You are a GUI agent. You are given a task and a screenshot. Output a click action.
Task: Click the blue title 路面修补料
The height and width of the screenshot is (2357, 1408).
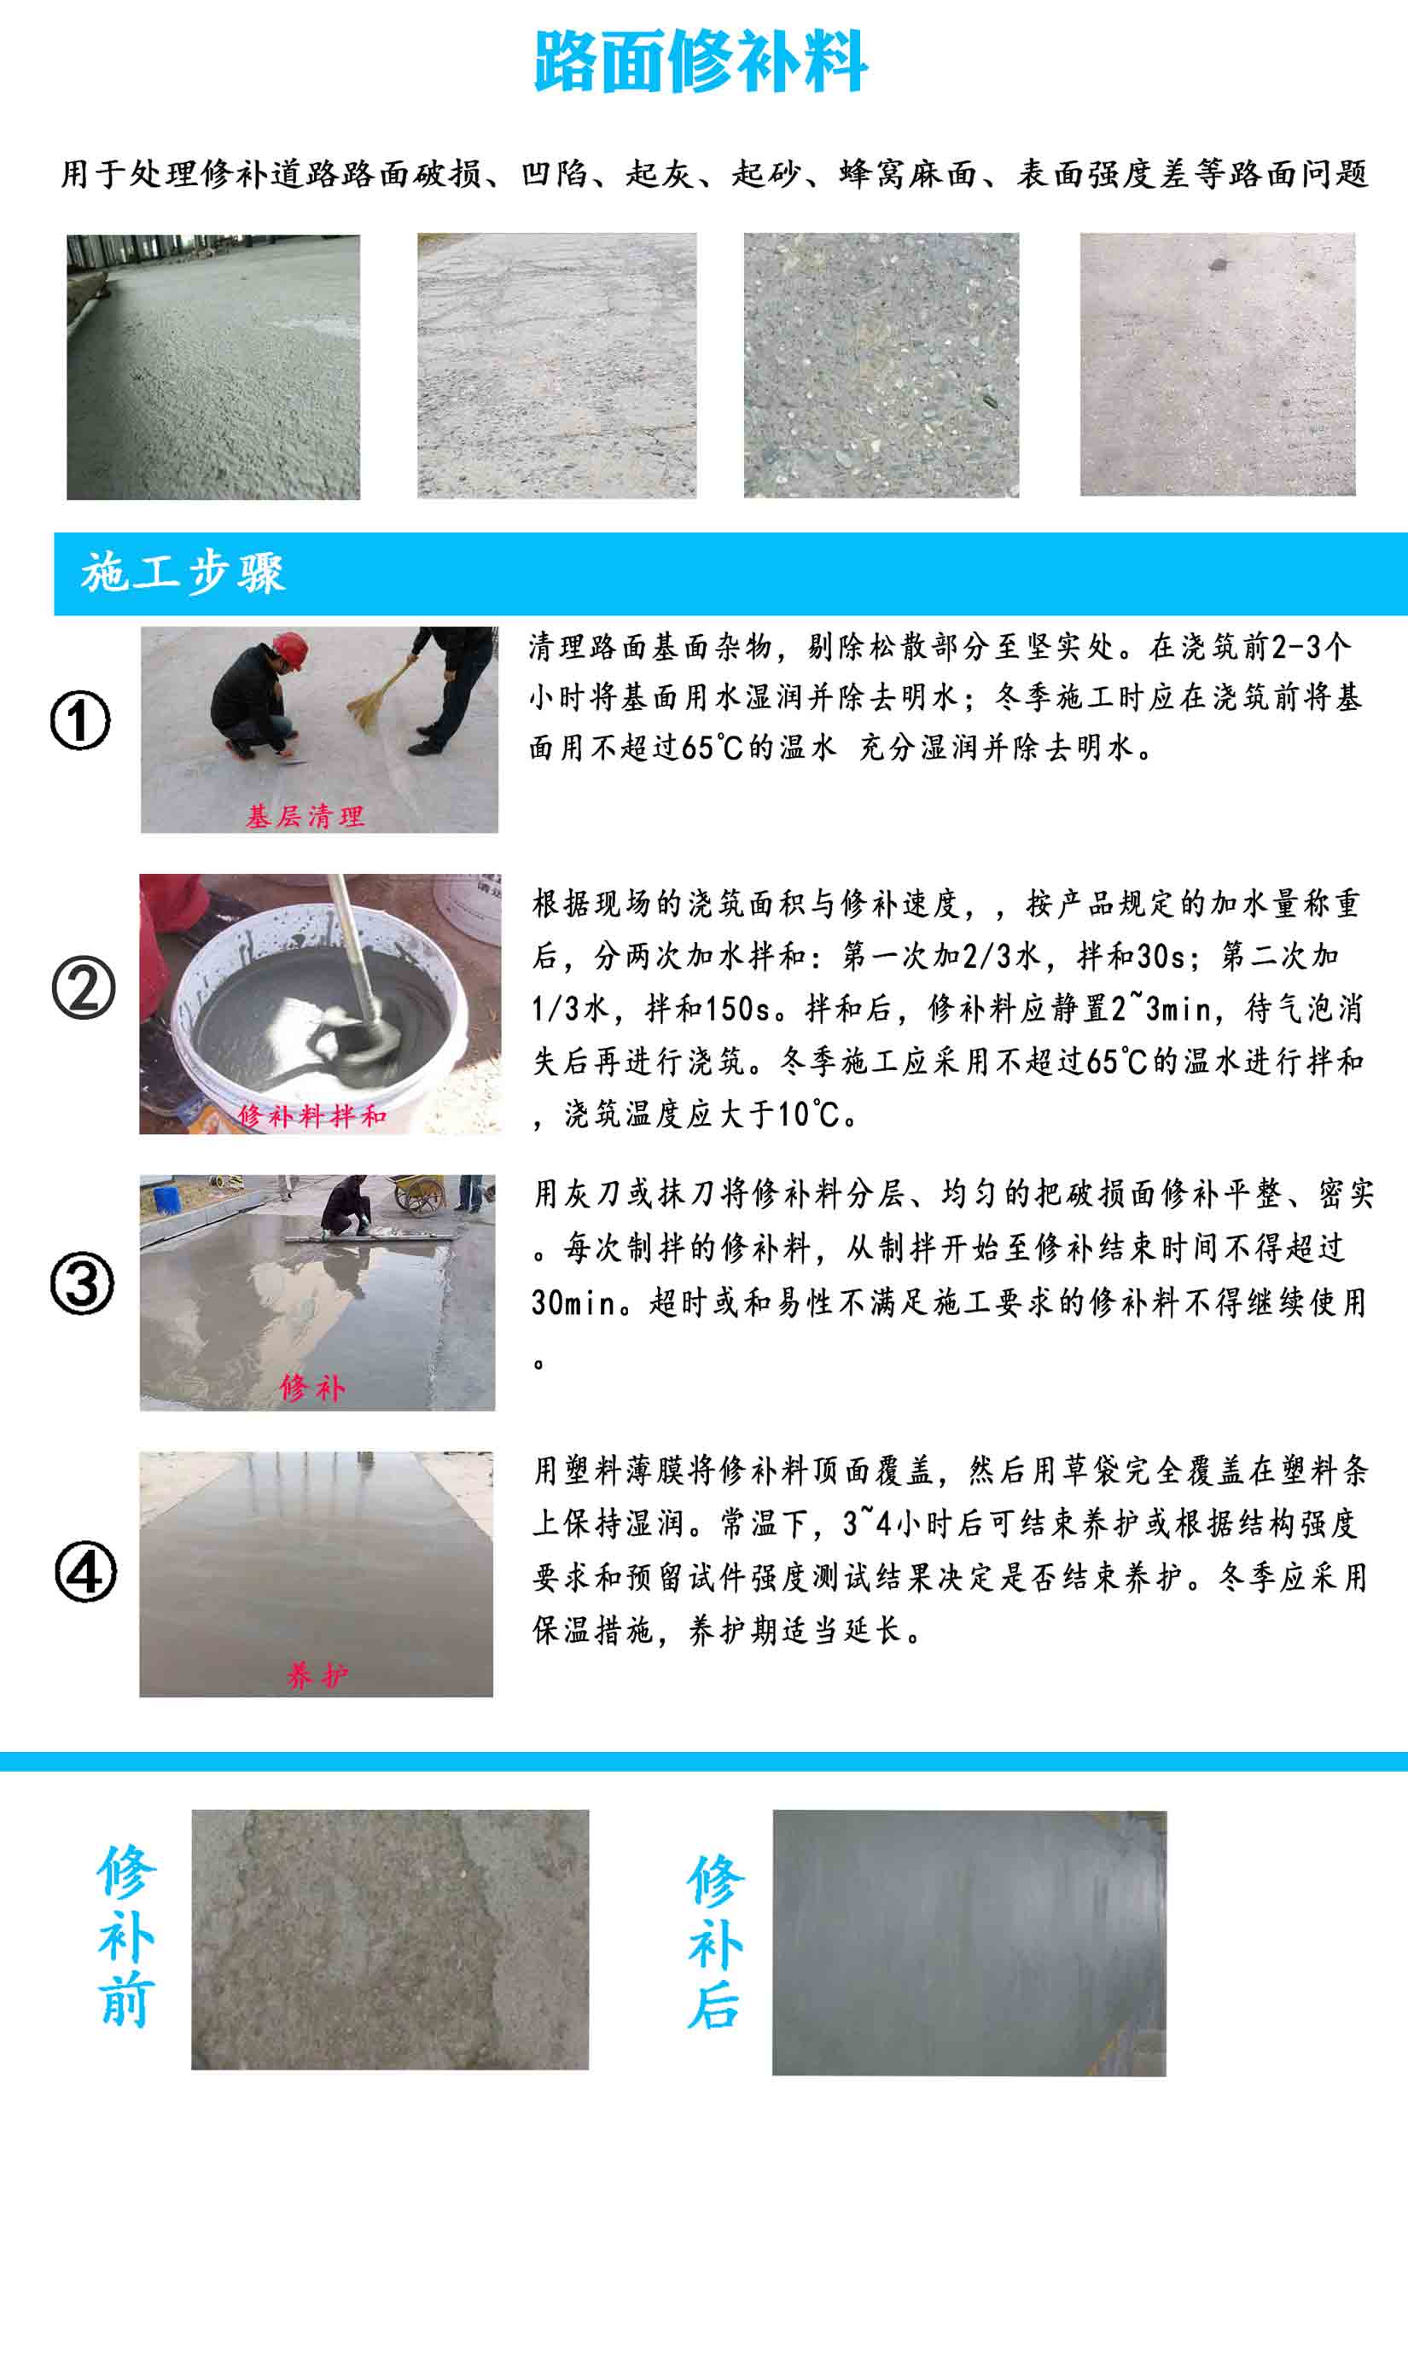[x=701, y=61]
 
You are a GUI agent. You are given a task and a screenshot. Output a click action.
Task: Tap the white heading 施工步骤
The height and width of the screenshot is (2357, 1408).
[x=183, y=573]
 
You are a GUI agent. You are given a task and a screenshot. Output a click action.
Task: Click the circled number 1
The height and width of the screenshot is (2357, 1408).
[x=81, y=720]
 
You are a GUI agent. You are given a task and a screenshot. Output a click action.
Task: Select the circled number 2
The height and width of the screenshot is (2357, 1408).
[x=84, y=988]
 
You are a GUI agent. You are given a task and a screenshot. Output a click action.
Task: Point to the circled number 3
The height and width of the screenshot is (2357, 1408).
[x=83, y=1283]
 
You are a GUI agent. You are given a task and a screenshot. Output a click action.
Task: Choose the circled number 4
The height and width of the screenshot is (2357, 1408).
[x=85, y=1570]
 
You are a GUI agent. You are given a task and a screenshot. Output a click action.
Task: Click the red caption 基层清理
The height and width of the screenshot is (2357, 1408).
[x=305, y=816]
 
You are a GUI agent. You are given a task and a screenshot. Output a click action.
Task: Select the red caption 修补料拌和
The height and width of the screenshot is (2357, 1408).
[x=311, y=1115]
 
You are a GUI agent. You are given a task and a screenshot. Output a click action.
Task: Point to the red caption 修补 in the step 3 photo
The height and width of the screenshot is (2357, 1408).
[x=312, y=1388]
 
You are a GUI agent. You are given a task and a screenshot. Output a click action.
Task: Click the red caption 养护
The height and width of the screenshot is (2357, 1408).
[x=317, y=1676]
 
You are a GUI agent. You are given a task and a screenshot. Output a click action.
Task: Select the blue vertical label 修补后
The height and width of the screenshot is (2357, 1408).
[x=715, y=1941]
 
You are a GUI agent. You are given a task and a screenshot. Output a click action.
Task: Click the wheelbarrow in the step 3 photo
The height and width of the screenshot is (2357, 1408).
[x=418, y=1194]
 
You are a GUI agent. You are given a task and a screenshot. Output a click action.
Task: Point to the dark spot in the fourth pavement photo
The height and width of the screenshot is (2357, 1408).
[x=1219, y=265]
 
